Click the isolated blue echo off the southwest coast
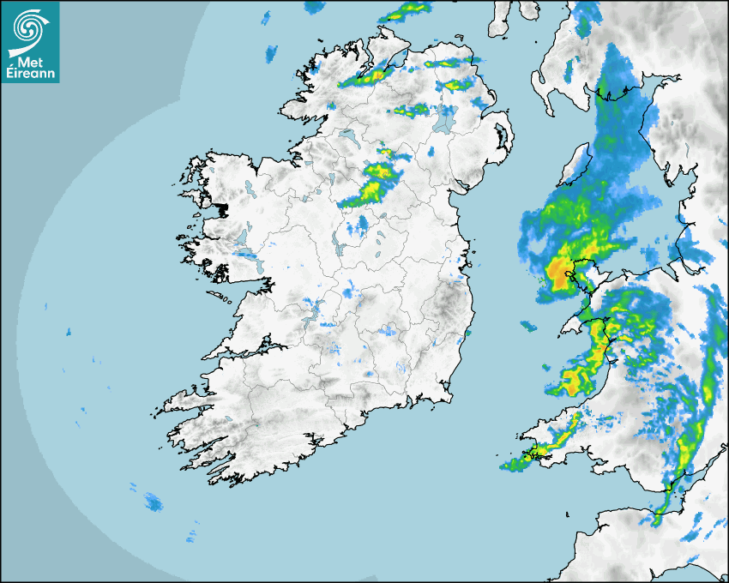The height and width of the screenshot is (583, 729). (x=154, y=501)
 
